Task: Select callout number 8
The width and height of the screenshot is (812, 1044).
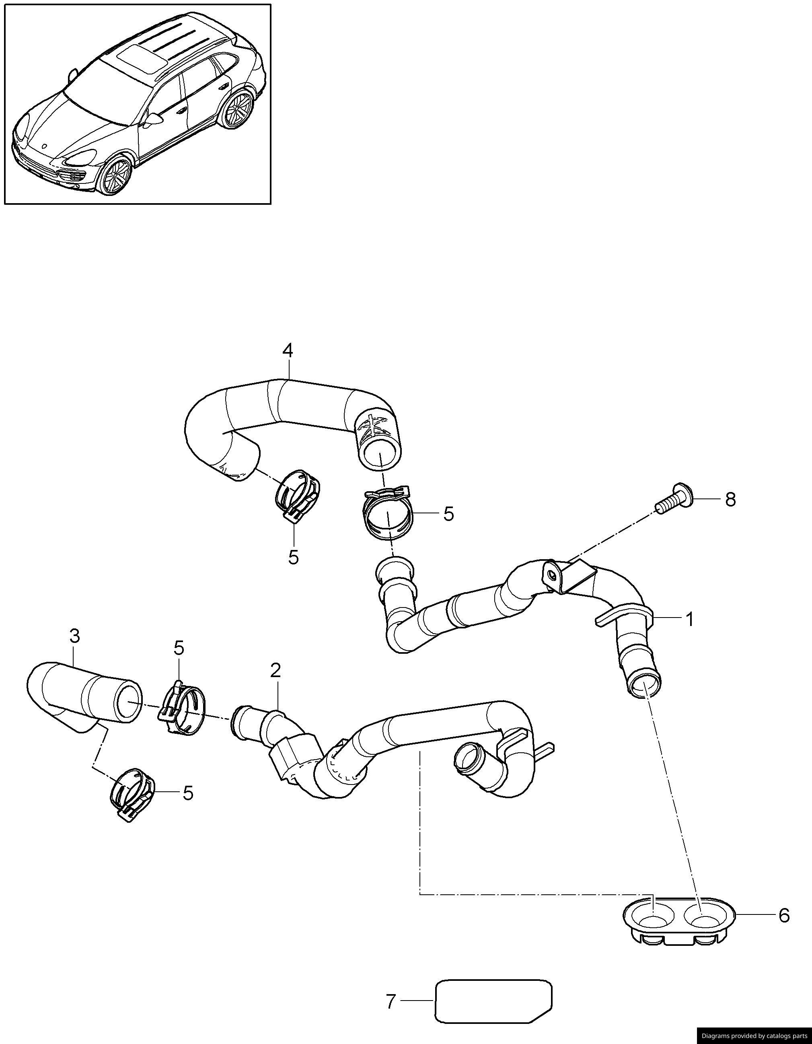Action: pos(730,500)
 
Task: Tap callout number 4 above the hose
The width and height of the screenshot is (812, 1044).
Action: pos(287,351)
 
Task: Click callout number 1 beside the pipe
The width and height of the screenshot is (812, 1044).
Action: pos(689,620)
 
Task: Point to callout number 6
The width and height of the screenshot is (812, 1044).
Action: pos(784,915)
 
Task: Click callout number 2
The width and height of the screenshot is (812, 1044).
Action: pos(275,671)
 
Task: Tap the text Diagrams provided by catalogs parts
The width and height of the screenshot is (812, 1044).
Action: pos(754,1036)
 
